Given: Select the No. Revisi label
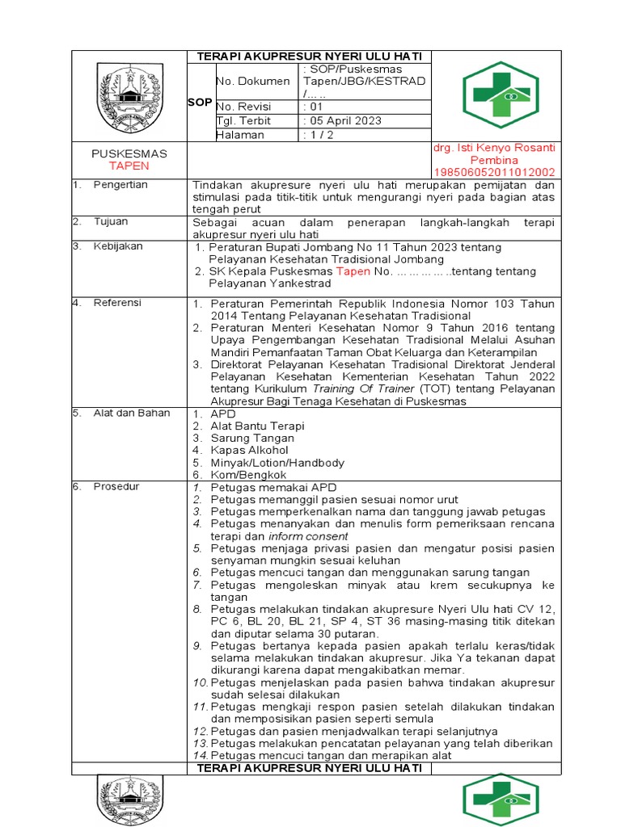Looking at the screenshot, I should (244, 107).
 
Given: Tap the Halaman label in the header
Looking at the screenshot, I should (240, 135).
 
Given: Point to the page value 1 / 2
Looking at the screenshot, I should (321, 135).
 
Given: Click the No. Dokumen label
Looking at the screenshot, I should (252, 82).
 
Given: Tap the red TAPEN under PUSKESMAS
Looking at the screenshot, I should (129, 166).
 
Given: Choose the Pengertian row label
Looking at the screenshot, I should (120, 185).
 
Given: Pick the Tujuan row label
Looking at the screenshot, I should (111, 221).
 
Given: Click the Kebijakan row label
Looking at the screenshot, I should (116, 246).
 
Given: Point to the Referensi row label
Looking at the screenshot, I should (117, 303).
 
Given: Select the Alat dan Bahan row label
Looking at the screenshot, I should (132, 413).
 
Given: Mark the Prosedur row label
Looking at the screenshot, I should (116, 486).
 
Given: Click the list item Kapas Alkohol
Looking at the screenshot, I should (249, 450).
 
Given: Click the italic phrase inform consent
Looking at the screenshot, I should (308, 536).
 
